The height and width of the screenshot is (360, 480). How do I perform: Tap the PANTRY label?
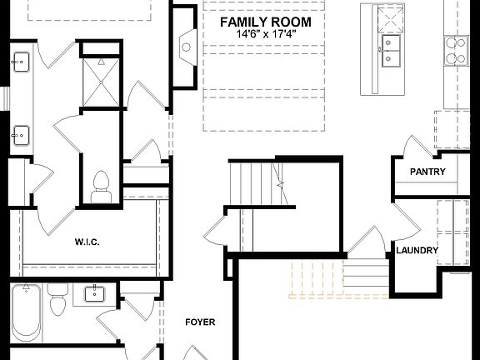427,172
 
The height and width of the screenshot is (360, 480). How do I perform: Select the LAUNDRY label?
417,250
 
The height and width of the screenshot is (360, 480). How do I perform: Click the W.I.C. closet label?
87,242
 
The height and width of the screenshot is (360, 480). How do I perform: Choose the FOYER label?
200,322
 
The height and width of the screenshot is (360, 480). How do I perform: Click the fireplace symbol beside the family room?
184,47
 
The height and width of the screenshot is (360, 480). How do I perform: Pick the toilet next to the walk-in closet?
102,185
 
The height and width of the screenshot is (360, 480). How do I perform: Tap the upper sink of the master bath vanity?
21,60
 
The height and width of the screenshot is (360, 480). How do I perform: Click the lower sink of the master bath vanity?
21,132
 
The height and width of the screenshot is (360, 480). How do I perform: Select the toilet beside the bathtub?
58,302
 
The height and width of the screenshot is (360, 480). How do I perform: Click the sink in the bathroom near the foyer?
95,292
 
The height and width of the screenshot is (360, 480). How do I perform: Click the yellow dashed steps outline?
316,279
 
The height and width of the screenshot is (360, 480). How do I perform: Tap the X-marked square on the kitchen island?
389,17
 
